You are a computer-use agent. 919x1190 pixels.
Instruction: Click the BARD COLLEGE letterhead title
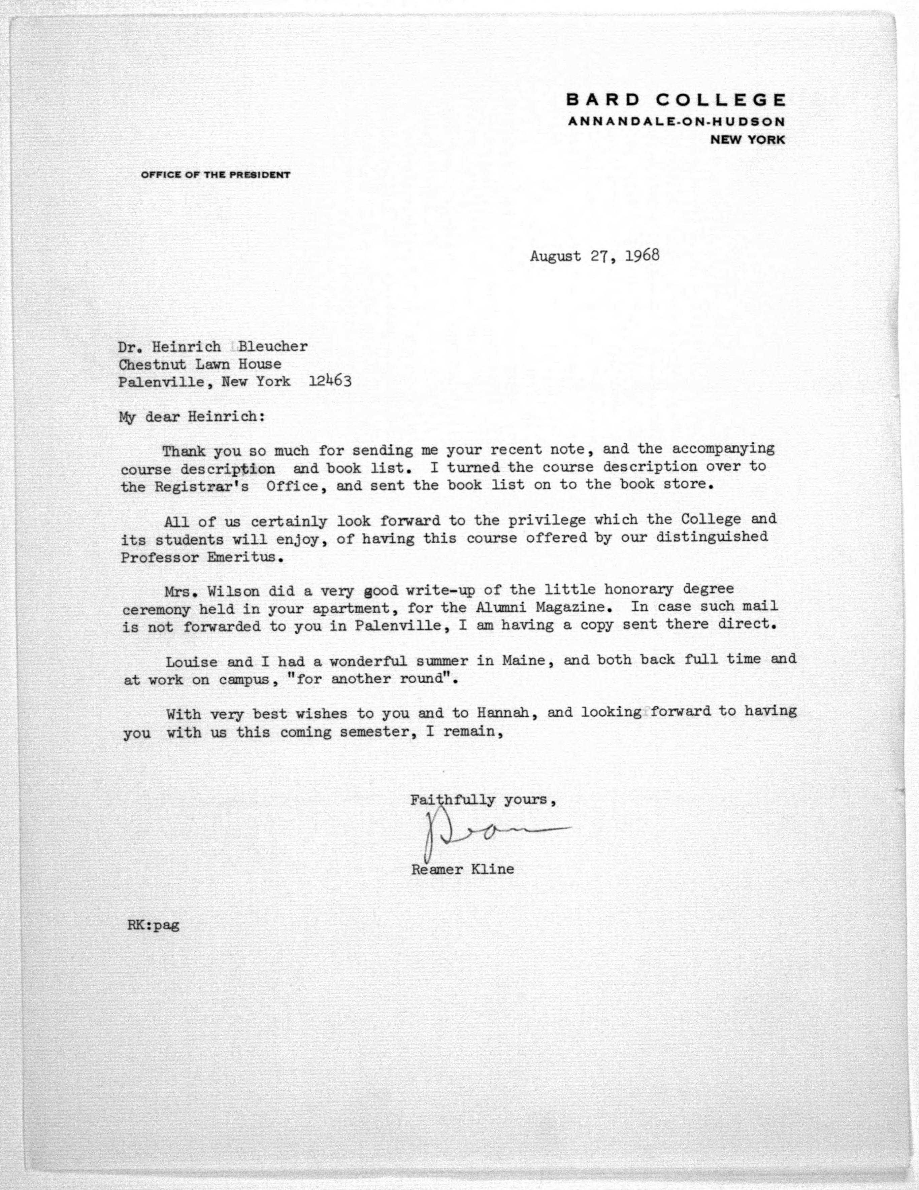click(676, 100)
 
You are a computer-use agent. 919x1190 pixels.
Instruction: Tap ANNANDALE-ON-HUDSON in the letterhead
click(676, 122)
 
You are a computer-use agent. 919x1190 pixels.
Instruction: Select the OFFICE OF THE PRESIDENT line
click(215, 175)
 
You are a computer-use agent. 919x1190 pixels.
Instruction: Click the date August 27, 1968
click(594, 256)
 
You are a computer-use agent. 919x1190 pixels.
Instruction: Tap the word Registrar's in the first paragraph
click(202, 486)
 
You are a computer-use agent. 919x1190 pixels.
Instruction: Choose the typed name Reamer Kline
click(463, 869)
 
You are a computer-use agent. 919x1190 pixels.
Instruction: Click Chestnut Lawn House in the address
click(200, 364)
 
